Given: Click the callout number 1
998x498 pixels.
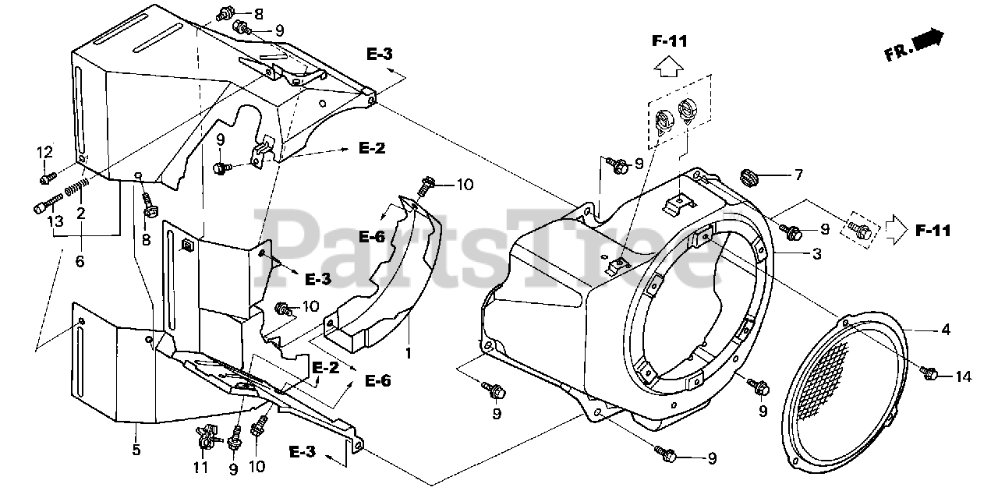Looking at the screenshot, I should pos(407,352).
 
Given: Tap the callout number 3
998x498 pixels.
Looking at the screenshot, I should pos(816,253).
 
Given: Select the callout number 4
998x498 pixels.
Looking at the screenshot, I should pos(946,330).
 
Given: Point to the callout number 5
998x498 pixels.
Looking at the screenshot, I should pos(136,450).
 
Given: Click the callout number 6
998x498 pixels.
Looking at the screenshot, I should pos(80,262).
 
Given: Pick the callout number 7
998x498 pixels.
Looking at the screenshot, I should pos(797,176).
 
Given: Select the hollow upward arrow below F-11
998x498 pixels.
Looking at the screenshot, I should pos(669,70).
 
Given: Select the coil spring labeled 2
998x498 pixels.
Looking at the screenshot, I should pos(73,189).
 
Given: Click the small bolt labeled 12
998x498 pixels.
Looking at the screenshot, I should pos(47,178).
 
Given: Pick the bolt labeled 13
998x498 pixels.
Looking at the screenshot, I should pos(44,207).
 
